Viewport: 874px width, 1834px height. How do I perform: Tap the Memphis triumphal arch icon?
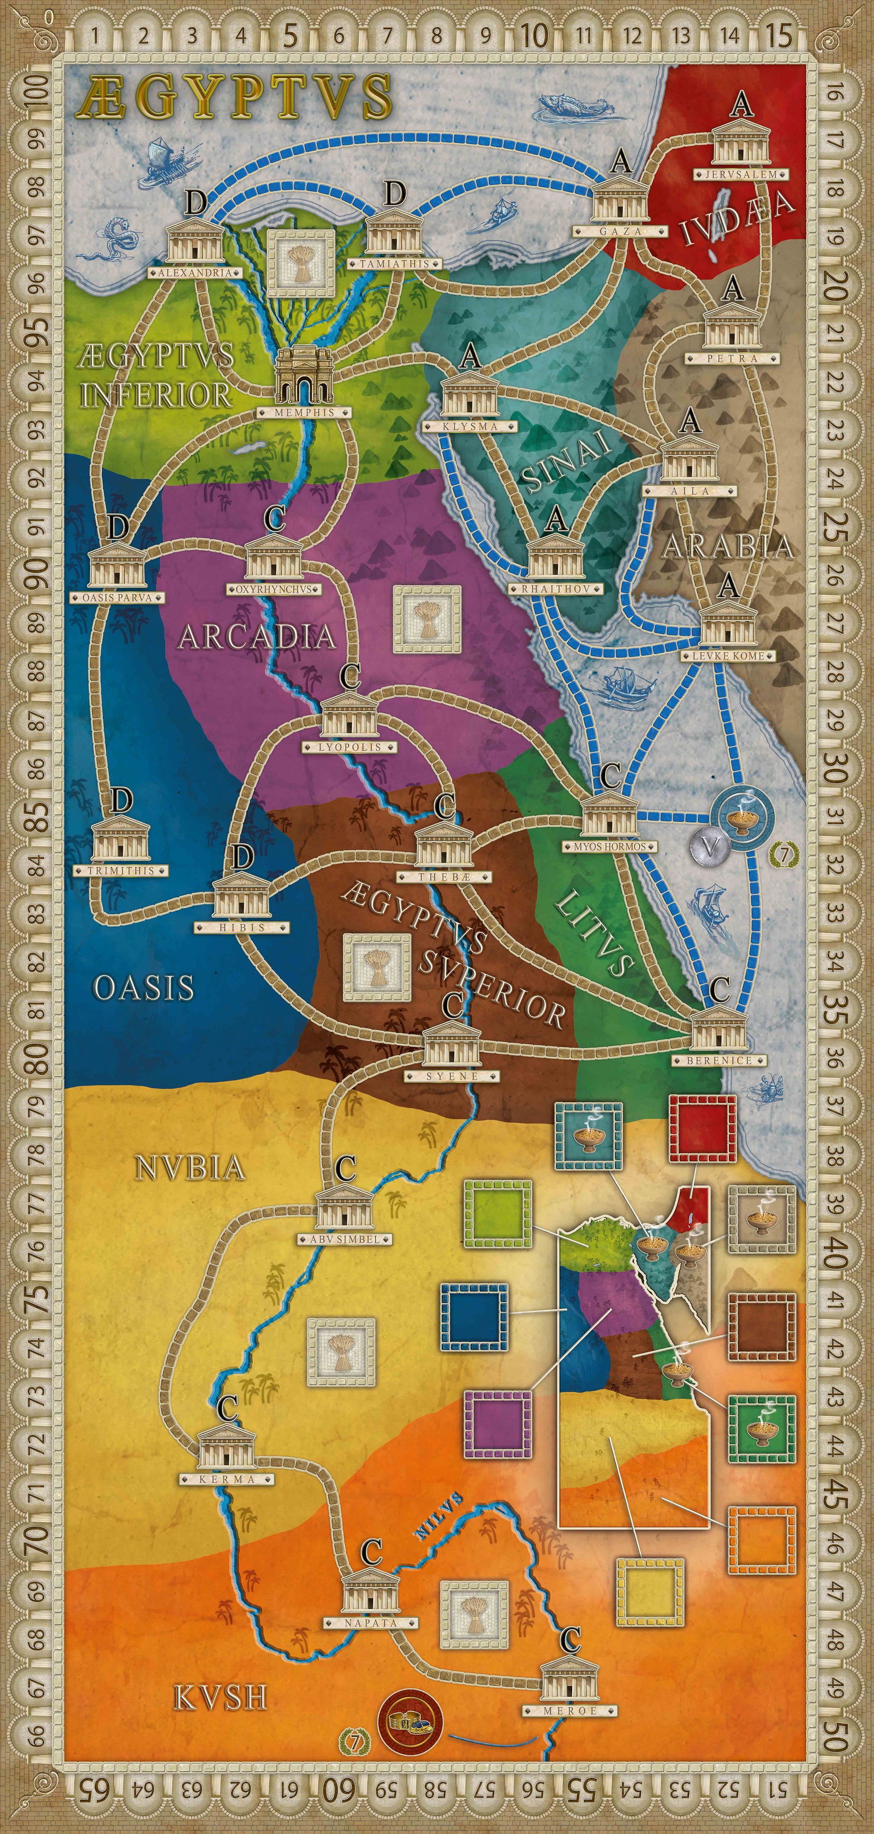pos(304,377)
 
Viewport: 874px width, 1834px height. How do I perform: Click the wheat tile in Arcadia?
pos(426,619)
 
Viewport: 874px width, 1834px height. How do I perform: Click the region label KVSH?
pos(211,1699)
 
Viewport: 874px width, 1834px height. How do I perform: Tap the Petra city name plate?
pos(732,359)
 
